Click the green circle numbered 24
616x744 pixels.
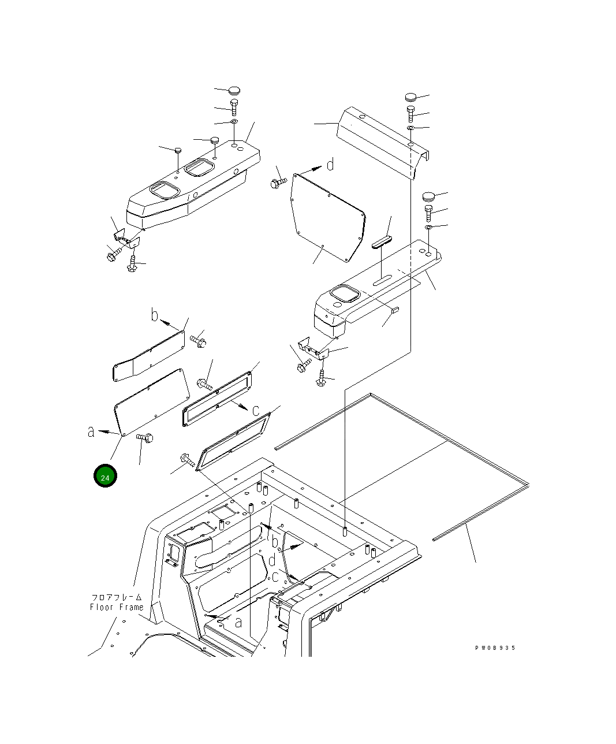[104, 477]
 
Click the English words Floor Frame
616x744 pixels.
[116, 607]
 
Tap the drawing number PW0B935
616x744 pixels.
[495, 648]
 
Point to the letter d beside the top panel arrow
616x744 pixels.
[330, 165]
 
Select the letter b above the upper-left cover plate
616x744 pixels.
[154, 315]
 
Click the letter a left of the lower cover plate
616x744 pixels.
[91, 431]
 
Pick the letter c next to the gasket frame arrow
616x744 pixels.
[255, 410]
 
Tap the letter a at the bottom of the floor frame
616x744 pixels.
[238, 622]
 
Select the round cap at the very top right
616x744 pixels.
[410, 96]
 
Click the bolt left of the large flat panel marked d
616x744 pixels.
[275, 183]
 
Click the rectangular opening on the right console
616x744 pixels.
[345, 295]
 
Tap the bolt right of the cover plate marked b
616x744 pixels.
[199, 340]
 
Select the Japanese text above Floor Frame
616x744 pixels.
[116, 597]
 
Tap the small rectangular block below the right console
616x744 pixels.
[395, 310]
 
